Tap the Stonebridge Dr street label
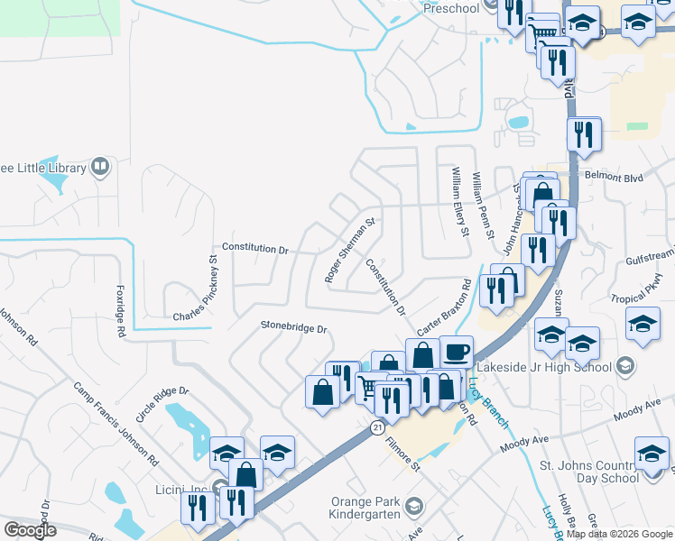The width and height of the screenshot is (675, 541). [x=292, y=327]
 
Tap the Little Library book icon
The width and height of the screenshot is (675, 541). [x=100, y=167]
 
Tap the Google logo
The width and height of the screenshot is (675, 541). [x=30, y=529]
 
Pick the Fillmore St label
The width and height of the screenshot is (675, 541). [x=402, y=454]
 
